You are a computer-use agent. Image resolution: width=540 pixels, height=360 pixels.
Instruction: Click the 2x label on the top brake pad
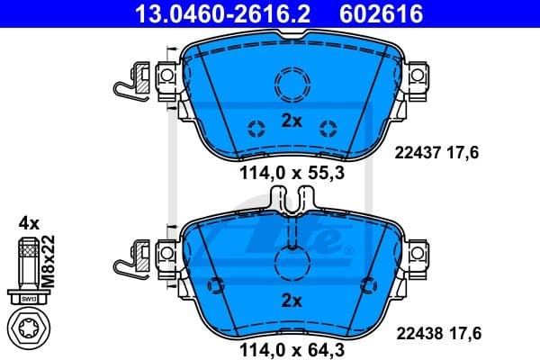pyautogui.click(x=290, y=121)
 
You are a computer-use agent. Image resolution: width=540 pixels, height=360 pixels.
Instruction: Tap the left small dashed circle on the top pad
pyautogui.click(x=255, y=126)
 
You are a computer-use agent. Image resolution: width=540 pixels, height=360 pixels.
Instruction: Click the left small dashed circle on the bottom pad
pyautogui.click(x=215, y=286)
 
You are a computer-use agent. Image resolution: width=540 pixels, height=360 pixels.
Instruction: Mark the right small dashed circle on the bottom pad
pyautogui.click(x=365, y=286)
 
